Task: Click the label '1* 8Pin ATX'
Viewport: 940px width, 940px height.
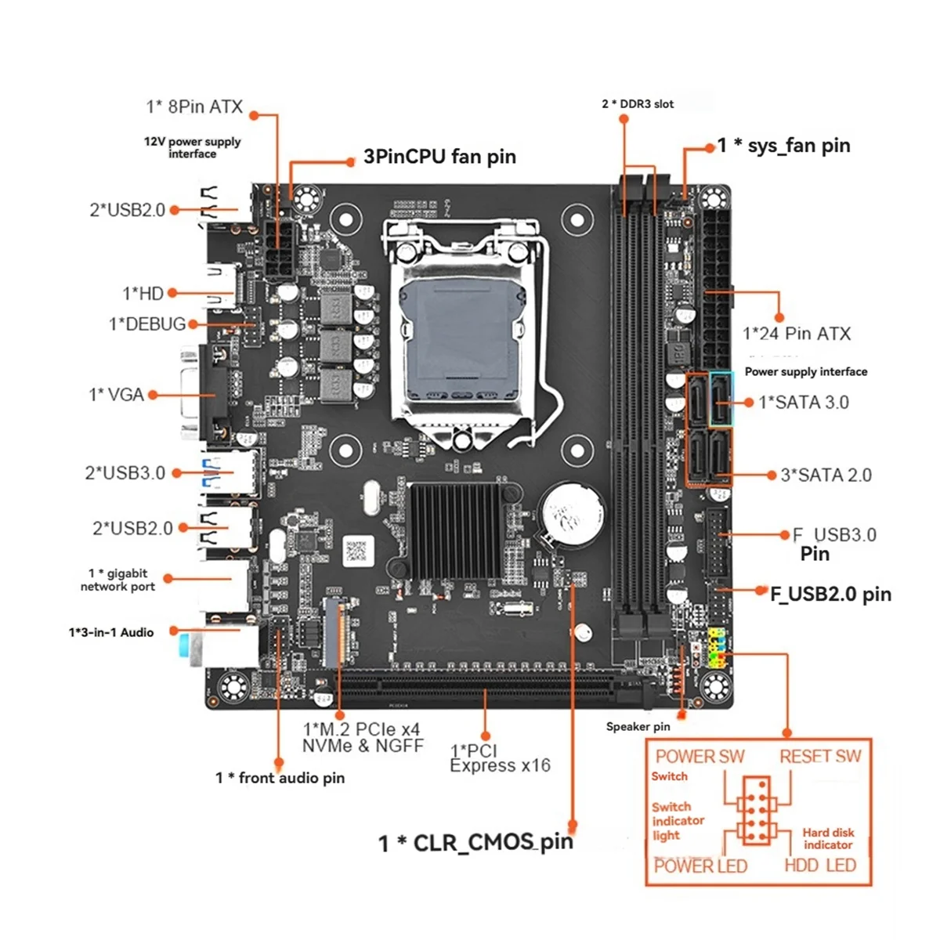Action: coord(194,107)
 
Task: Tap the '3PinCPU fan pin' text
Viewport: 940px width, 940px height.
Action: coord(439,157)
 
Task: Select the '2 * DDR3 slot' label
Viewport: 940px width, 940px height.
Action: coord(638,103)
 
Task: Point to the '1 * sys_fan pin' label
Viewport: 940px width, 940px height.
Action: coord(783,146)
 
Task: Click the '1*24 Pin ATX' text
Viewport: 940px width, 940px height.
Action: coord(797,334)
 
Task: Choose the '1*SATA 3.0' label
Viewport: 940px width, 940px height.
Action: coord(804,403)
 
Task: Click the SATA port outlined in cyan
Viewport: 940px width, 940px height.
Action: coord(721,399)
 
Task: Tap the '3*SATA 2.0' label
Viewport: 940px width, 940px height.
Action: coord(826,475)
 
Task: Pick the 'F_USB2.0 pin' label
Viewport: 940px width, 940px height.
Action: coord(830,594)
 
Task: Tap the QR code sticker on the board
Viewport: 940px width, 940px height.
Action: coord(356,551)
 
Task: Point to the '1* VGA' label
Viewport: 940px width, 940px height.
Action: coord(117,395)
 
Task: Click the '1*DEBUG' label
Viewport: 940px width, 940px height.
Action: coord(147,324)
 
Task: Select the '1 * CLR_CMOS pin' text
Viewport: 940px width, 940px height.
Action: coord(475,843)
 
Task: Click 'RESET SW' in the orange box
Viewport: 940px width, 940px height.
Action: coord(820,757)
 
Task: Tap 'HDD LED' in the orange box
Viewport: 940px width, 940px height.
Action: coord(820,866)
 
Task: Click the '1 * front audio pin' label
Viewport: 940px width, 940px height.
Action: coord(280,778)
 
